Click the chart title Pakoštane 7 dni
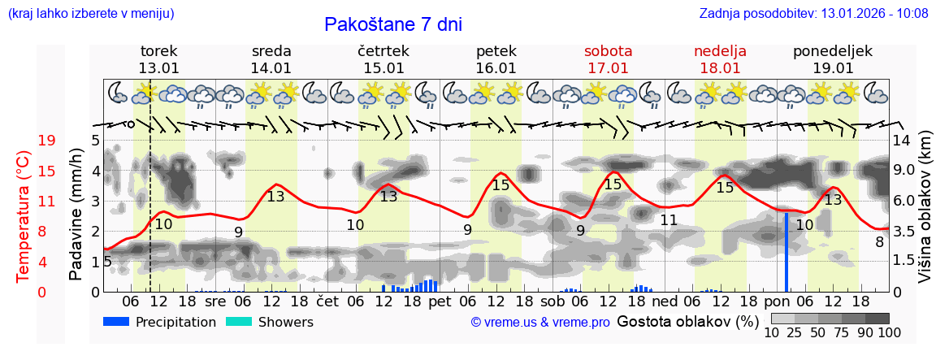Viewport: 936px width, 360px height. pyautogui.click(x=393, y=24)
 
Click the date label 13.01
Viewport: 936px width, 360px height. pyautogui.click(x=159, y=68)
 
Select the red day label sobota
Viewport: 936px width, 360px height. pyautogui.click(x=608, y=51)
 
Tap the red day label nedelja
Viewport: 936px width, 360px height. pyautogui.click(x=720, y=51)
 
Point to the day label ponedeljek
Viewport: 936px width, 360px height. pyautogui.click(x=833, y=51)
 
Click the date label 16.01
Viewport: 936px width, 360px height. pyautogui.click(x=496, y=68)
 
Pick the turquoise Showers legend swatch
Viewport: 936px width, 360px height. pyautogui.click(x=239, y=322)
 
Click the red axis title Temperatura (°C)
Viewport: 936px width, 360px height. pyautogui.click(x=24, y=216)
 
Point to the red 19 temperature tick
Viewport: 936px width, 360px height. pyautogui.click(x=47, y=141)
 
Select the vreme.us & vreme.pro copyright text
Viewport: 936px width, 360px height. pyautogui.click(x=540, y=323)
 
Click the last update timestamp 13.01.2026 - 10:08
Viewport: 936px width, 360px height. pyautogui.click(x=873, y=13)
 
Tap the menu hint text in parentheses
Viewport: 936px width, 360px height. pyautogui.click(x=90, y=13)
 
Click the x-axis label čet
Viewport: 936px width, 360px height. pyautogui.click(x=327, y=301)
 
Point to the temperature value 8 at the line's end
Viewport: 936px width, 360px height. pyautogui.click(x=879, y=241)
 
